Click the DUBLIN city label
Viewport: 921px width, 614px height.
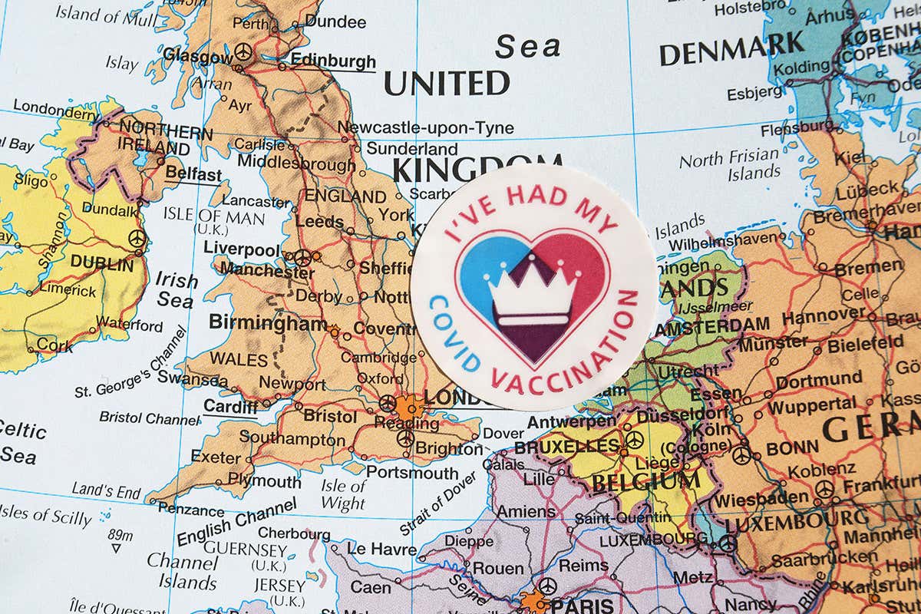[101, 262]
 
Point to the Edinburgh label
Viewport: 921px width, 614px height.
[333, 61]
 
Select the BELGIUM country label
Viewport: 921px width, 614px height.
[645, 481]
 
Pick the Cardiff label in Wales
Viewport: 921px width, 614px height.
[230, 408]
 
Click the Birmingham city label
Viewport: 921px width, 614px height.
[268, 324]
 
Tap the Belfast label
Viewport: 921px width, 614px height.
[193, 173]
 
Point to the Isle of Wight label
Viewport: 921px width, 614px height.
[343, 495]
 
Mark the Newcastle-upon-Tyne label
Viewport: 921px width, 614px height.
[426, 127]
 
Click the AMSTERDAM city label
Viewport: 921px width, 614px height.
[713, 324]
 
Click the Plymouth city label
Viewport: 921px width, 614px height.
[264, 481]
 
